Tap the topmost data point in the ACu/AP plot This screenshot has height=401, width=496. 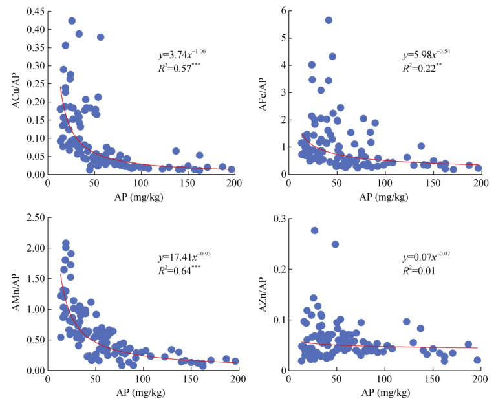[x=72, y=21]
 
